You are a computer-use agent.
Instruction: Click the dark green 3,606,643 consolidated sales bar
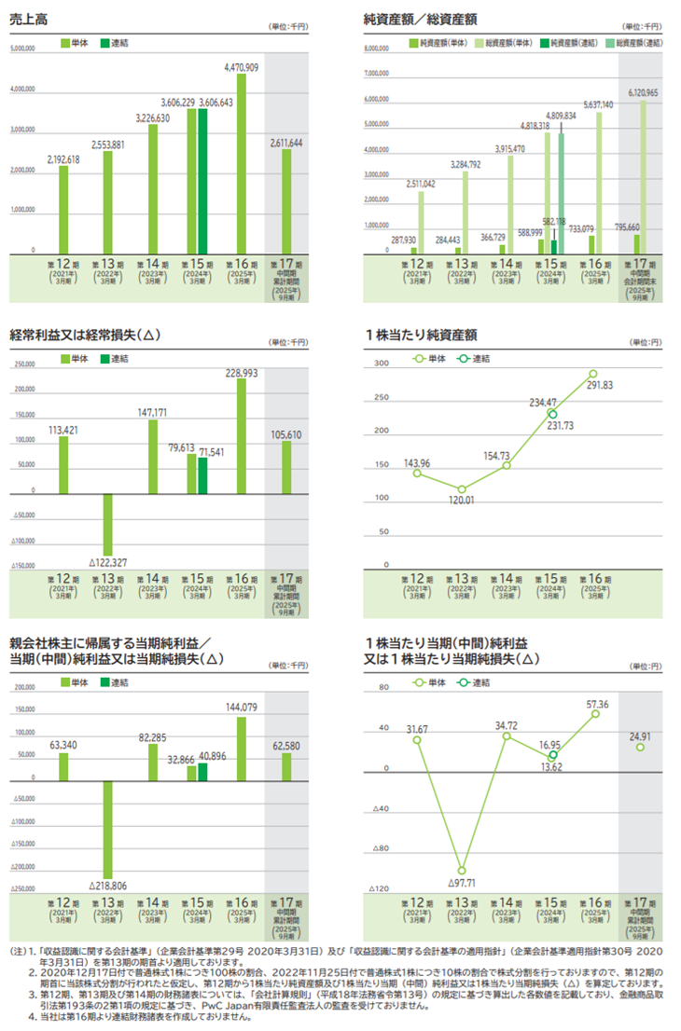point(203,181)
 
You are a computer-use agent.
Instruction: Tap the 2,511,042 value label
point(422,184)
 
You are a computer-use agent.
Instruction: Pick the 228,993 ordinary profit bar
point(242,434)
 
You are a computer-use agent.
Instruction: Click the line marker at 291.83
point(592,374)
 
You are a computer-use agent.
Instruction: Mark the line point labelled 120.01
point(461,488)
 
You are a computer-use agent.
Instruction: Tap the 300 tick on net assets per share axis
point(381,364)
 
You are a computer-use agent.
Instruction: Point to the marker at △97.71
point(461,870)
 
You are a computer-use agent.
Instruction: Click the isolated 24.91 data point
point(640,747)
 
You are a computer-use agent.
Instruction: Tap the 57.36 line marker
point(592,714)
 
